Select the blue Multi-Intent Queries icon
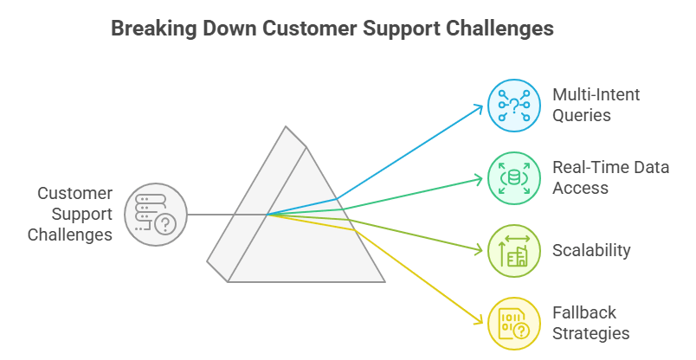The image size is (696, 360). click(x=514, y=106)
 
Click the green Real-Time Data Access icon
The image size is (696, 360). click(x=514, y=178)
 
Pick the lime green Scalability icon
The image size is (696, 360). click(x=514, y=251)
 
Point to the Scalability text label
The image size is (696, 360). click(x=591, y=251)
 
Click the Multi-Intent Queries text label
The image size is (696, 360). click(x=596, y=105)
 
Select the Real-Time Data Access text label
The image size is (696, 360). click(x=610, y=177)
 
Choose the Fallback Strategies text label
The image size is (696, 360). click(x=590, y=323)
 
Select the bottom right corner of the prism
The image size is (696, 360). click(x=383, y=280)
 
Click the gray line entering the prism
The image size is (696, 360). click(x=225, y=215)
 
